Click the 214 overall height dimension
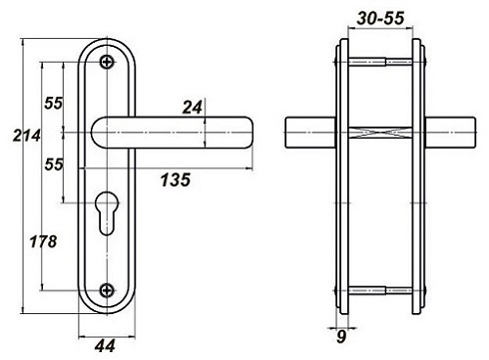[x=27, y=136]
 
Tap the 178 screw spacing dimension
[x=43, y=241]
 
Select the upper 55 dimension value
[x=53, y=103]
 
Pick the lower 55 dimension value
[x=54, y=165]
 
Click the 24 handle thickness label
[x=193, y=108]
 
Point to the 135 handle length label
[x=176, y=180]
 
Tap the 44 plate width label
[x=105, y=346]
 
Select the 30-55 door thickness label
[x=380, y=18]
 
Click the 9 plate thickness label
[x=341, y=337]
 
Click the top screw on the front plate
[x=107, y=62]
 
